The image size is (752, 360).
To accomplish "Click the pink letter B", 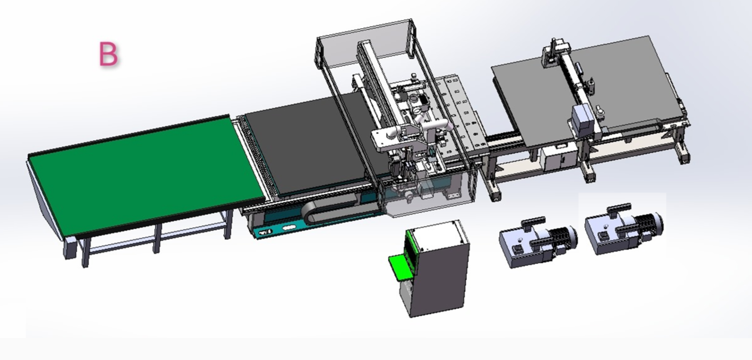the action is click(x=109, y=54).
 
